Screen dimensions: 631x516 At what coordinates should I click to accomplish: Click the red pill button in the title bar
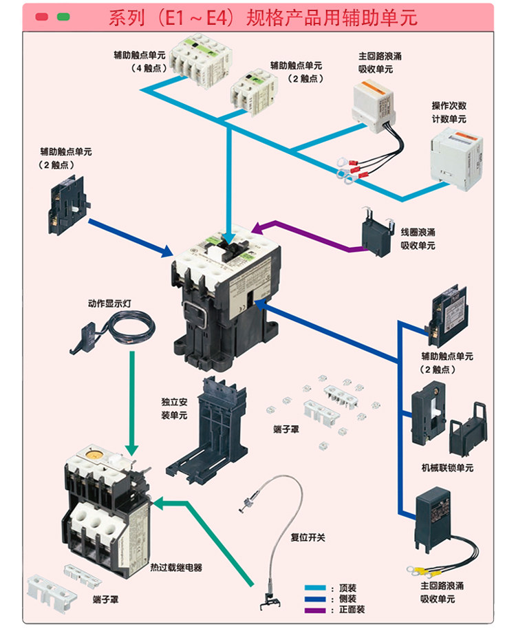click(x=42, y=17)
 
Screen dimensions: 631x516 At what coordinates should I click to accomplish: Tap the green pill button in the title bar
click(x=64, y=17)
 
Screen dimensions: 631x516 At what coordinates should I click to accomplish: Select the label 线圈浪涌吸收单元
click(x=418, y=239)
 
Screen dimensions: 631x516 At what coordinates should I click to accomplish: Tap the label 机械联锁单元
click(x=447, y=468)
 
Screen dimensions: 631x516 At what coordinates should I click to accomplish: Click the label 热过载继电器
click(x=176, y=568)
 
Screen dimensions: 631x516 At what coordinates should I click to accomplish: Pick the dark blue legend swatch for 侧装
click(x=316, y=599)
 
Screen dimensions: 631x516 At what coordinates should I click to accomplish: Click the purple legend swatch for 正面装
click(x=316, y=610)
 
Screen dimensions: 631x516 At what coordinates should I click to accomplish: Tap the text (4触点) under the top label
click(x=146, y=68)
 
